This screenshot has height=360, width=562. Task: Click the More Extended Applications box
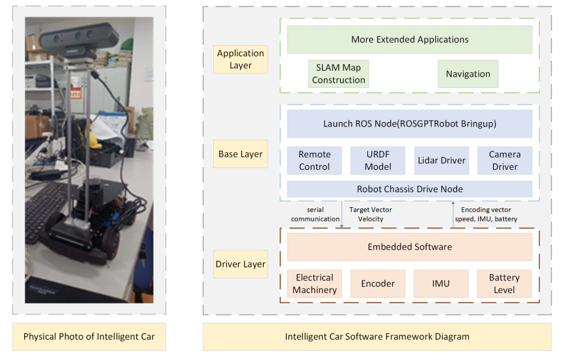409,39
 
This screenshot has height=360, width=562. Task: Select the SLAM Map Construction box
338,73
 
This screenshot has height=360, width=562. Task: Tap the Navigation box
468,73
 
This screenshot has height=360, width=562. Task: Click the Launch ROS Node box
409,123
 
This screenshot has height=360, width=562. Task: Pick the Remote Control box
314,160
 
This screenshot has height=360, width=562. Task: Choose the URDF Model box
378,160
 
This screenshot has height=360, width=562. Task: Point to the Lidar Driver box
441,160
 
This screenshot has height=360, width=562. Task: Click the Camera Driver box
504,160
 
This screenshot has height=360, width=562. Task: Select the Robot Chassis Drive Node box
409,189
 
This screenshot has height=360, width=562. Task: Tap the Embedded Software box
409,247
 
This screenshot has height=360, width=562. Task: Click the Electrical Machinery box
314,283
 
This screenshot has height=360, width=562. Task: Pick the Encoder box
378,283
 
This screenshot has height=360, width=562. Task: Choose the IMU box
441,283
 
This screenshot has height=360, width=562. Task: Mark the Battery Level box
504,283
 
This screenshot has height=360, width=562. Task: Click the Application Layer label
241,59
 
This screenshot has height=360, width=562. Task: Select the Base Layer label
241,154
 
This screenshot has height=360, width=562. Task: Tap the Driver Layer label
241,264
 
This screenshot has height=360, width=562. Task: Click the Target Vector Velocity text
371,214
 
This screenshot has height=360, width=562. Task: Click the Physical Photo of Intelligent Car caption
89,336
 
